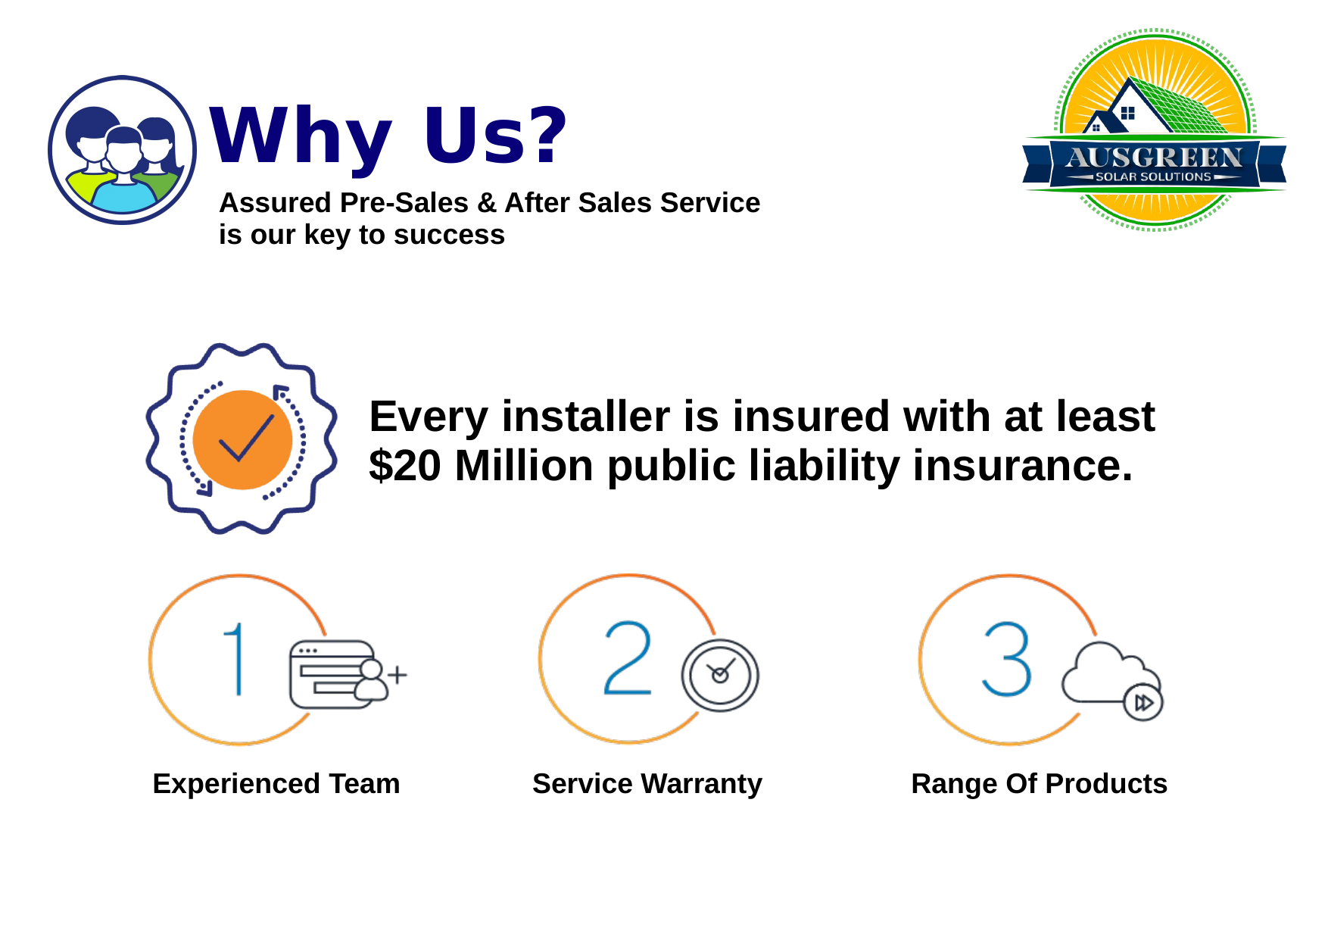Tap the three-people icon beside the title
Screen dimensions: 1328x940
[x=123, y=150]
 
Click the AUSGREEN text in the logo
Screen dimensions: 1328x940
[x=1155, y=157]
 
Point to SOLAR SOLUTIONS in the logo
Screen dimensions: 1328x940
[x=1153, y=176]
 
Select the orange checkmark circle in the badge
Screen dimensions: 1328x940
[x=242, y=439]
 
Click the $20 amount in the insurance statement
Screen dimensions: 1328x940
[x=405, y=465]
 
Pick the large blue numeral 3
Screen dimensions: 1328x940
[x=1007, y=659]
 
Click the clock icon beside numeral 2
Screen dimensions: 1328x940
[x=720, y=676]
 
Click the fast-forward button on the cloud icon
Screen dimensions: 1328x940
[x=1143, y=703]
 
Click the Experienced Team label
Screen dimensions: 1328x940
[x=276, y=783]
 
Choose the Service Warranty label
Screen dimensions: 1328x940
[x=647, y=784]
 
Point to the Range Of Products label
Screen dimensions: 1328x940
[x=1040, y=784]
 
